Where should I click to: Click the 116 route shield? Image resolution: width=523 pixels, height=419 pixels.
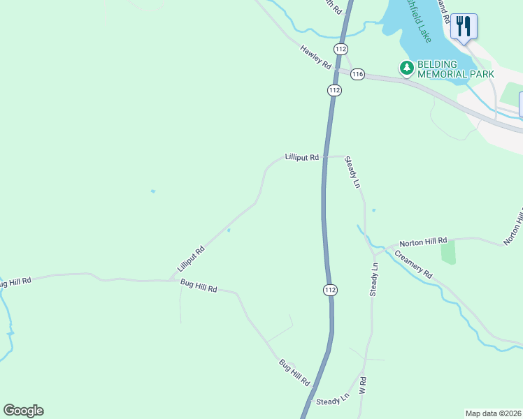point(357,75)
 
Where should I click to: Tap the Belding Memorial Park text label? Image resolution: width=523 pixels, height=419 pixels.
point(456,68)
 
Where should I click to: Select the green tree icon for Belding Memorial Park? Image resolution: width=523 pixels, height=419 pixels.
point(406,68)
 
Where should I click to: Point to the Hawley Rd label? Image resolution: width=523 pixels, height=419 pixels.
point(315,57)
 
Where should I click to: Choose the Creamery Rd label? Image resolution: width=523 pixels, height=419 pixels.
point(413,265)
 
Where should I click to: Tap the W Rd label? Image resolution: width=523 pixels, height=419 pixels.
point(362,385)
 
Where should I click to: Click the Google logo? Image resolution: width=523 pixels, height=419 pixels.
point(23,411)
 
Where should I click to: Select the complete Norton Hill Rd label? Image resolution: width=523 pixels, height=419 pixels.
point(423,242)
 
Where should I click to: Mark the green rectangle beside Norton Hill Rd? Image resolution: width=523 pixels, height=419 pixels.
point(448,251)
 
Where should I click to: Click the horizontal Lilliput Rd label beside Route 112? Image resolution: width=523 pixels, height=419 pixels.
point(302,158)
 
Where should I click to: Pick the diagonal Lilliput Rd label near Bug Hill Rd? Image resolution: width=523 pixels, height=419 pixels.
point(190,258)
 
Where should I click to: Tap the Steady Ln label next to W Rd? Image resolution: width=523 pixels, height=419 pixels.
point(332,400)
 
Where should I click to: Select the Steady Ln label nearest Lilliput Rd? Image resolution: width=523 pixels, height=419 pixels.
point(354,173)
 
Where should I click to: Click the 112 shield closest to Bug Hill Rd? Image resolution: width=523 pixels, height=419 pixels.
point(330,290)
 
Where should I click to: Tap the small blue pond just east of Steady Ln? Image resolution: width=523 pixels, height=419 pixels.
point(373,209)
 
